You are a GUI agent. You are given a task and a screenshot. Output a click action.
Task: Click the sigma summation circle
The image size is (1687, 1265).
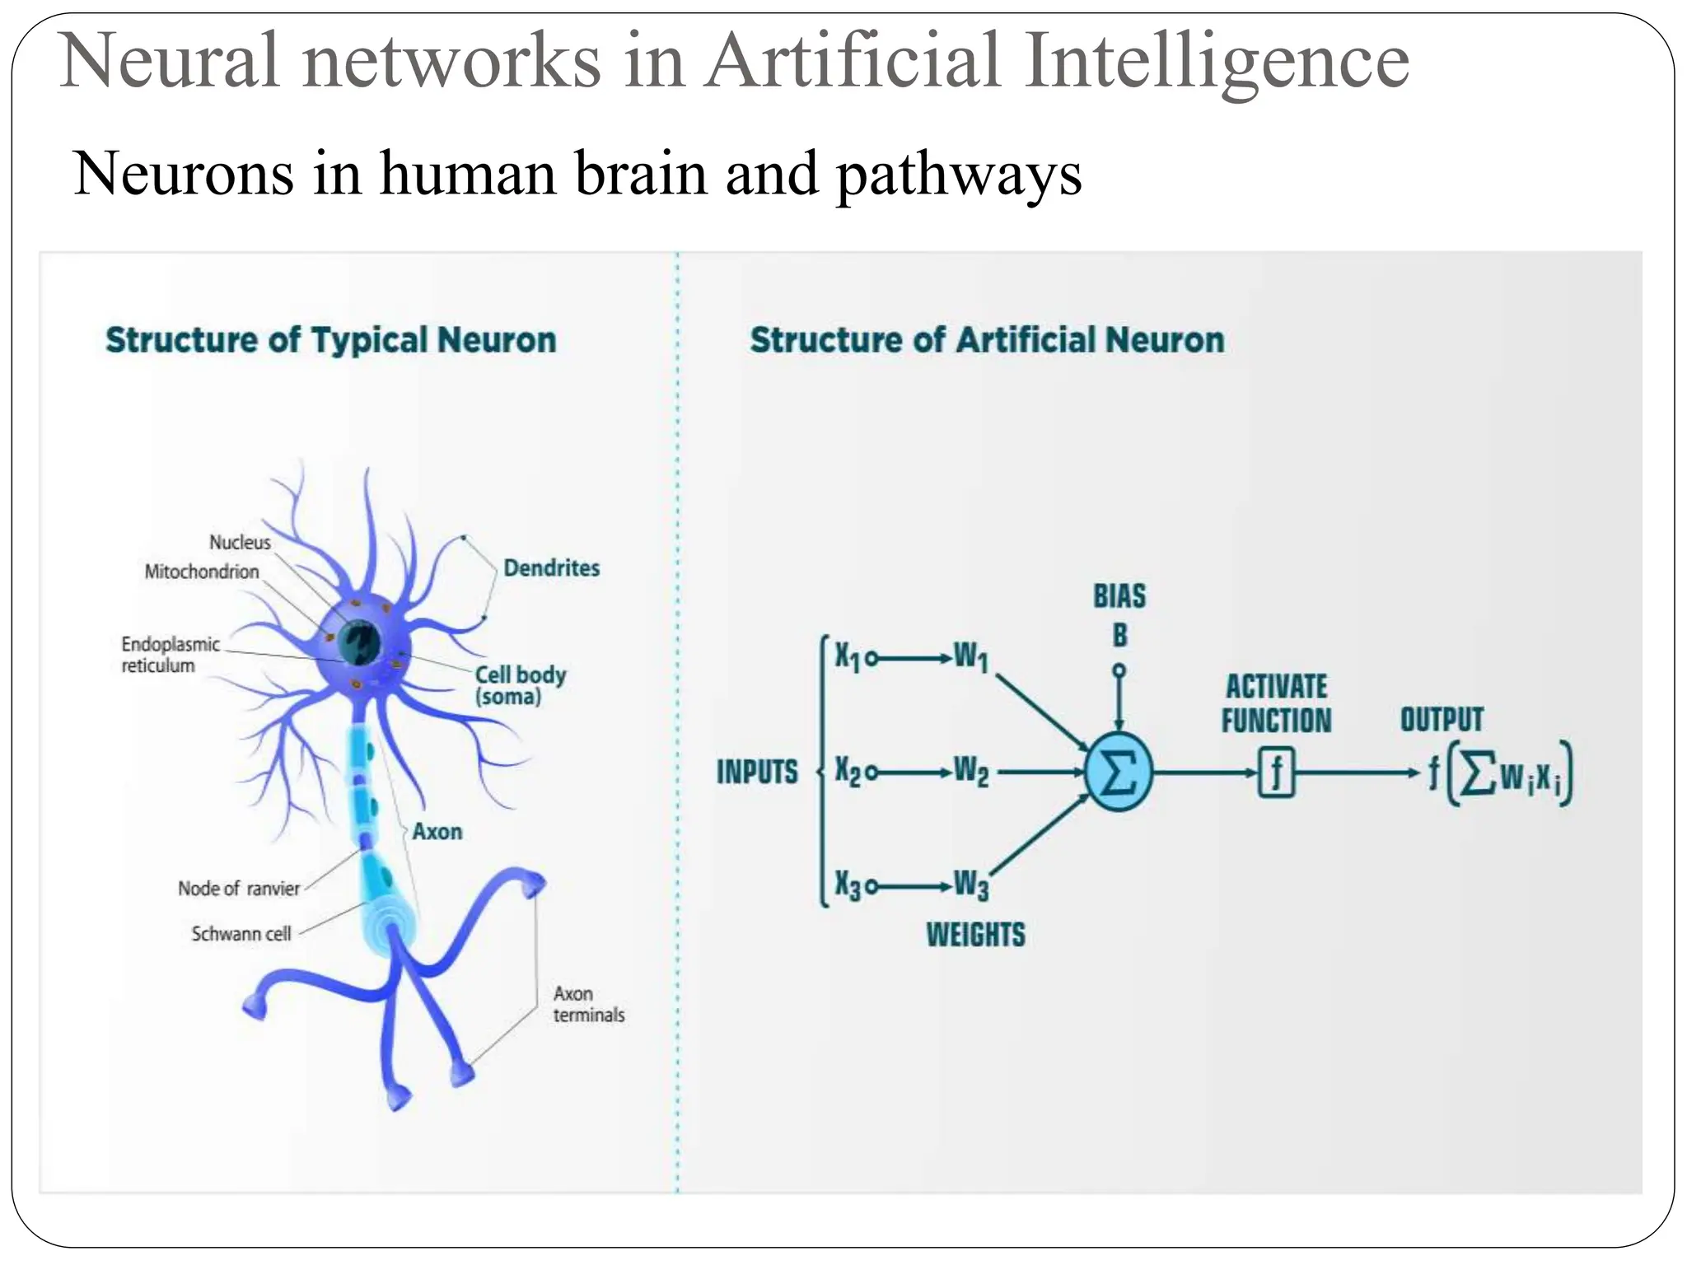point(1118,773)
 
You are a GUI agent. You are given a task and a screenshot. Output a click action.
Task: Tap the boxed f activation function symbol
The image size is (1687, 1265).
point(1276,773)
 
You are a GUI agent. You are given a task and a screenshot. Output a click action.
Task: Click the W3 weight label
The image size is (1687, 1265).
point(971,885)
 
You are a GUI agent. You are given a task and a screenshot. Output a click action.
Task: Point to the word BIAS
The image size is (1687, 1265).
point(1119,595)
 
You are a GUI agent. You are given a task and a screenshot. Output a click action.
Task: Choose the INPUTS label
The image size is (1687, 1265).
point(757,772)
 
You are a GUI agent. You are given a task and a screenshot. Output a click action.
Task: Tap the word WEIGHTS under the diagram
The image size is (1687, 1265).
point(975,935)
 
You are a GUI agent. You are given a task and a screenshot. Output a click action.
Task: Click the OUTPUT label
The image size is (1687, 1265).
point(1442,719)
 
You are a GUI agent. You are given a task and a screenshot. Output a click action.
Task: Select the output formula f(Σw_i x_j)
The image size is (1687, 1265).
point(1499,774)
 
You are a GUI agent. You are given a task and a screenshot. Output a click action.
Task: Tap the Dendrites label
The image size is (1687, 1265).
point(551,567)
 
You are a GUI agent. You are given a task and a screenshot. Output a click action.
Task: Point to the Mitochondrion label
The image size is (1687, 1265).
point(202,572)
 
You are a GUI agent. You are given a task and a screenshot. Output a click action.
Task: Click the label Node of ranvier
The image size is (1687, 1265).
point(239,889)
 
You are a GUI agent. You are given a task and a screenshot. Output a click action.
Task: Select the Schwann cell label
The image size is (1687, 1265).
point(241,934)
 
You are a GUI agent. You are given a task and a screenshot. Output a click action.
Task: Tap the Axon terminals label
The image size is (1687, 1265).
point(588,1004)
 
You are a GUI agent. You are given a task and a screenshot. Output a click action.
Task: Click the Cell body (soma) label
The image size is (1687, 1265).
point(520,685)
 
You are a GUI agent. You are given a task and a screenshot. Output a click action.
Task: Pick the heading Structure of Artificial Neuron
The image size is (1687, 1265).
point(987,340)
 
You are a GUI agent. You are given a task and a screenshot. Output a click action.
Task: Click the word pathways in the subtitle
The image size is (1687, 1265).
point(958,175)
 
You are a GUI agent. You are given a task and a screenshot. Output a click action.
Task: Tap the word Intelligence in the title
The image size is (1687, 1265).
point(1217,62)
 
